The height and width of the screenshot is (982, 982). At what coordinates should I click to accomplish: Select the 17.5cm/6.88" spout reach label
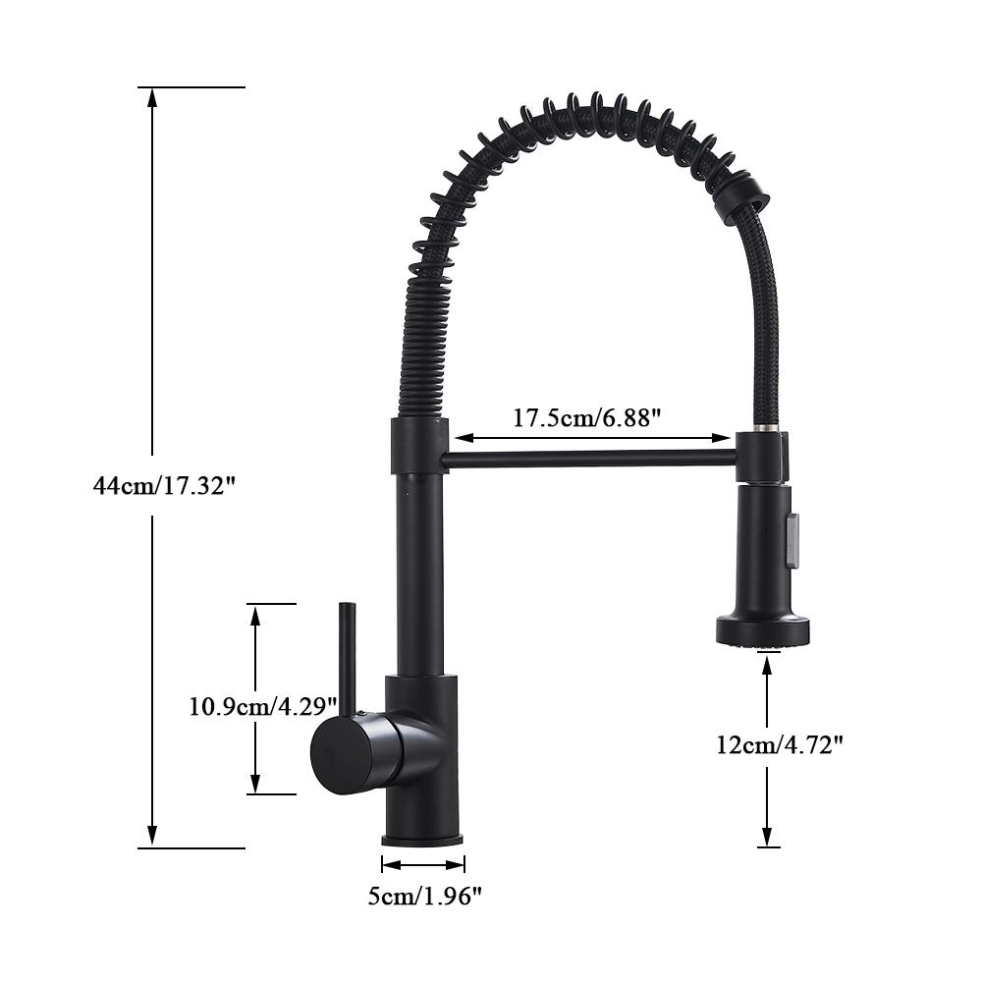[x=586, y=417]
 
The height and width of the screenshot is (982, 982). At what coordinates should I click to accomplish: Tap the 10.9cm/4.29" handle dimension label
[x=263, y=705]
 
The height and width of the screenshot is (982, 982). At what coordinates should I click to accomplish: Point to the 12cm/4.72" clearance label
[x=780, y=744]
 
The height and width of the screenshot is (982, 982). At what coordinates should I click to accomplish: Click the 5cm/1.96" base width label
[x=424, y=895]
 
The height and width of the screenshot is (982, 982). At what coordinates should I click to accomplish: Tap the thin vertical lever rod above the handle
[x=346, y=653]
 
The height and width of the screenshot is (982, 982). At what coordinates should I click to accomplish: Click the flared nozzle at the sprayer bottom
[x=763, y=629]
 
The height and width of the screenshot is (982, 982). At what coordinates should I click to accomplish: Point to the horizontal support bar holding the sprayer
[x=589, y=459]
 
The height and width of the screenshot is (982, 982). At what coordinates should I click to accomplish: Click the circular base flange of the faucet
[x=422, y=840]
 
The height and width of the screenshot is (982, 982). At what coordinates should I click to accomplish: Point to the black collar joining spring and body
[x=419, y=445]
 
